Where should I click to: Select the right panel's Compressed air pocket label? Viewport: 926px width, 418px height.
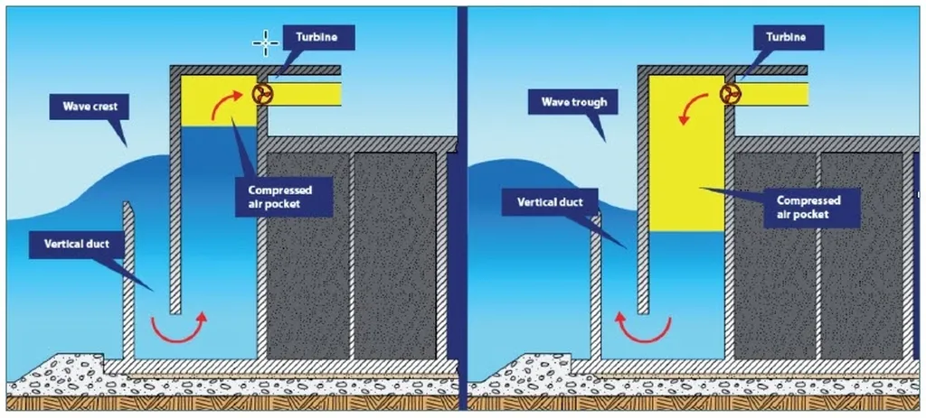808,207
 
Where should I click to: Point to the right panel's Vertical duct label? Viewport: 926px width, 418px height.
549,202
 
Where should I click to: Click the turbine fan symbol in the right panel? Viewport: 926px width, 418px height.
730,94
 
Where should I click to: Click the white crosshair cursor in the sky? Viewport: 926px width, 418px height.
265,42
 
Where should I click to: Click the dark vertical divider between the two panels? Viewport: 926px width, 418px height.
462,208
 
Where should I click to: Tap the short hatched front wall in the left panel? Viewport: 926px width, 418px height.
129,280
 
